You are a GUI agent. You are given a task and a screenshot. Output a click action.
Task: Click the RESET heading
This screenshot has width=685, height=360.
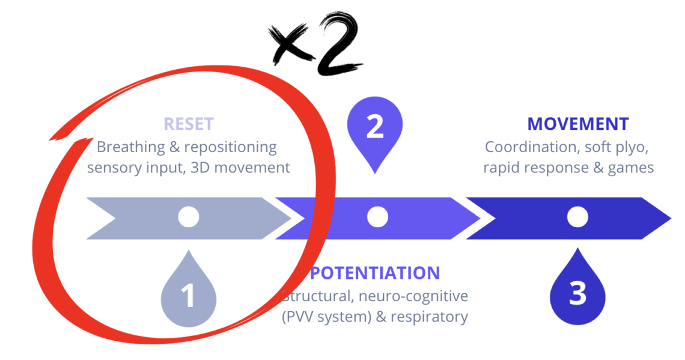click(x=189, y=124)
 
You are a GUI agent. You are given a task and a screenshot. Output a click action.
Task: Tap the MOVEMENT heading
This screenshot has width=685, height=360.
click(x=578, y=124)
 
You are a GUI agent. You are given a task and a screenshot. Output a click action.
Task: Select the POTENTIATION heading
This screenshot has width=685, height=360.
click(x=375, y=273)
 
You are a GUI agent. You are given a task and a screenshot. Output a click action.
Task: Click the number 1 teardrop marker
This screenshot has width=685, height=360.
click(x=189, y=289)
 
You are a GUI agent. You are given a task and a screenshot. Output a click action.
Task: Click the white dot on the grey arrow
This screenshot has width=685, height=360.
click(x=189, y=217)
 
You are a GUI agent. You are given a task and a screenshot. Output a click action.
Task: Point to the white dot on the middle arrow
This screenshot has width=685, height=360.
click(x=377, y=217)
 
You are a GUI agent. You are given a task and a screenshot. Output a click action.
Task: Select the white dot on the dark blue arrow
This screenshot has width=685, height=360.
click(x=577, y=217)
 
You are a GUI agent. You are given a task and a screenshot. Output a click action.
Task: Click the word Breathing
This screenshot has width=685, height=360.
click(x=130, y=147)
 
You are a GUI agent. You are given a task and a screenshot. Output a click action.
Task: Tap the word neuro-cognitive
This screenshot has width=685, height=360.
click(x=413, y=297)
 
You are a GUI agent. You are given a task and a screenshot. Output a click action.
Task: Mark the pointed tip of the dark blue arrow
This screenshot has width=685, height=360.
click(x=671, y=218)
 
